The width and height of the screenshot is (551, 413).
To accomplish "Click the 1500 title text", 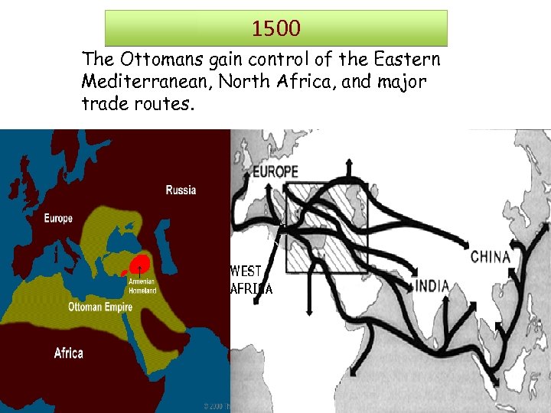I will pyautogui.click(x=276, y=29).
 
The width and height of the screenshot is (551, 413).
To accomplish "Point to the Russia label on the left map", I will pyautogui.click(x=181, y=190).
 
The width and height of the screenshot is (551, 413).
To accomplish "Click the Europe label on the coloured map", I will pyautogui.click(x=58, y=219).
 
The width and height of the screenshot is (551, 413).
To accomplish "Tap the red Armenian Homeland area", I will pyautogui.click(x=139, y=265).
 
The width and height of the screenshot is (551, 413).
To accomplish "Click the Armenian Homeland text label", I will pyautogui.click(x=142, y=285).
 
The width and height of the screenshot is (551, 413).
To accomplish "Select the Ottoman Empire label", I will pyautogui.click(x=100, y=307).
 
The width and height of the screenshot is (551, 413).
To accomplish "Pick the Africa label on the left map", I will pyautogui.click(x=69, y=353).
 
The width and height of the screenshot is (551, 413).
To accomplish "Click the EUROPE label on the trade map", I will pyautogui.click(x=275, y=171).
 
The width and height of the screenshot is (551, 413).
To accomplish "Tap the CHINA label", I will pyautogui.click(x=491, y=257).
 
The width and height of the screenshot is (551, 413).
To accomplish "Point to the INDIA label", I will pyautogui.click(x=432, y=287).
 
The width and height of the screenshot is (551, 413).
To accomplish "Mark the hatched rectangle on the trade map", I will pyautogui.click(x=327, y=227).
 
